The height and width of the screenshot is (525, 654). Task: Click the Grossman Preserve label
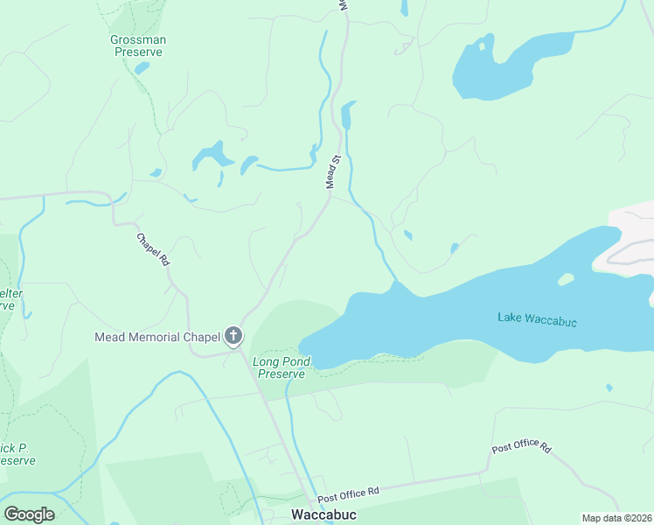pos(138,45)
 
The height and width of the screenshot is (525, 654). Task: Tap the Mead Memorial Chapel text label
pos(157,337)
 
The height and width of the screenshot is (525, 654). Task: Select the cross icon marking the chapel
pos(233,336)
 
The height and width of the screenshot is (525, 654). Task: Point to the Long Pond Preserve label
pos(279,367)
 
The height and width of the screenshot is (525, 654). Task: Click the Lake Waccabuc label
pos(537,318)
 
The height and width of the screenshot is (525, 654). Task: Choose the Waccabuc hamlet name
pos(324,514)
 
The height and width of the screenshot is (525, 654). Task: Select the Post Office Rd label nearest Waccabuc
pos(347,494)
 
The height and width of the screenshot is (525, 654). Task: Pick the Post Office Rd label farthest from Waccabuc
pos(521,448)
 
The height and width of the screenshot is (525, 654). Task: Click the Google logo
pos(29,514)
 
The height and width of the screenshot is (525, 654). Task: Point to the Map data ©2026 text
pos(616,518)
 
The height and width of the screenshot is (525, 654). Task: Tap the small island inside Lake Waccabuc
pos(566,279)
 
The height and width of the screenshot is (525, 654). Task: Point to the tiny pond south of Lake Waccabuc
pos(609,387)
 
